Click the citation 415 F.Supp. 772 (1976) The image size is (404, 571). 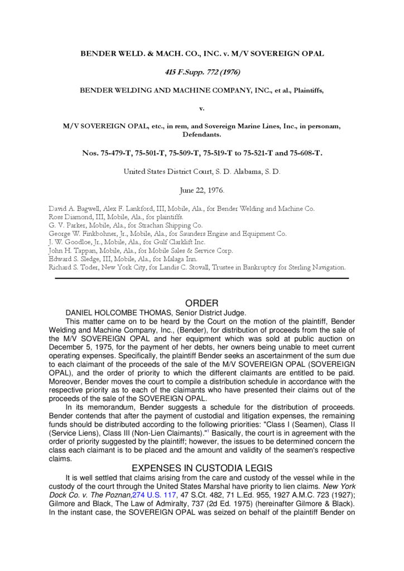coord(201,72)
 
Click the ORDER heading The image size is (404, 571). coord(201,303)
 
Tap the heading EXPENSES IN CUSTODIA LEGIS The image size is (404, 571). coord(201,468)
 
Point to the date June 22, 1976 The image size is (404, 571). coord(201,191)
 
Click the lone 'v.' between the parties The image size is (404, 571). coord(201,108)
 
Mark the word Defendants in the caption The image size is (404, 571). coord(201,134)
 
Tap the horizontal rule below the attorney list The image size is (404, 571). coord(201,277)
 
